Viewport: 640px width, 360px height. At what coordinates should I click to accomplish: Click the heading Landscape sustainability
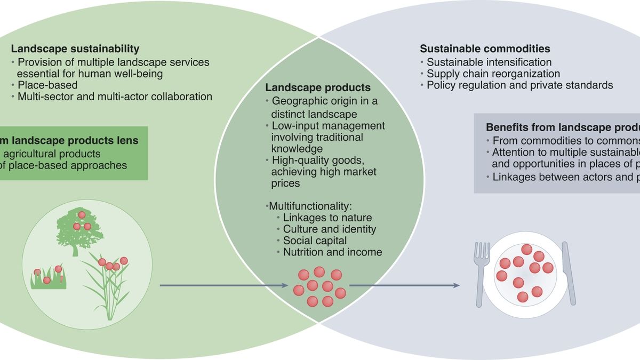pyautogui.click(x=75, y=49)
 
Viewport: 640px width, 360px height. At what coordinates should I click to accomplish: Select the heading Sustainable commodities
pyautogui.click(x=485, y=49)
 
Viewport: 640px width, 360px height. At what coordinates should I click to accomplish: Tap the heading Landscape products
pyautogui.click(x=318, y=87)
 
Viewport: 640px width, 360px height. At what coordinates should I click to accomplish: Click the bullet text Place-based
pyautogui.click(x=47, y=85)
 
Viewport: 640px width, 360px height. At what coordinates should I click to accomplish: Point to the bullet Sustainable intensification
pyautogui.click(x=489, y=62)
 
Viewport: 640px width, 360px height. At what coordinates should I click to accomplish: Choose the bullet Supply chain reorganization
pyautogui.click(x=493, y=74)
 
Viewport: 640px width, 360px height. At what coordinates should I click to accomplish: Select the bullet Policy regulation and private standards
pyautogui.click(x=519, y=85)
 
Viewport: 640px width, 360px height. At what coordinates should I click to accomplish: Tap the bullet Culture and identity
pyautogui.click(x=329, y=229)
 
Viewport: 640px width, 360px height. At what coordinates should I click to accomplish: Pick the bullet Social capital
pyautogui.click(x=315, y=241)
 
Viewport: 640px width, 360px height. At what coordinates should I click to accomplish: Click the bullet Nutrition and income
pyautogui.click(x=332, y=252)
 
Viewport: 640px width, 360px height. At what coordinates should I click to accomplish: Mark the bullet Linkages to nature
pyautogui.click(x=327, y=218)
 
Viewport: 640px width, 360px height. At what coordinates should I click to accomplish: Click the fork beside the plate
pyautogui.click(x=482, y=272)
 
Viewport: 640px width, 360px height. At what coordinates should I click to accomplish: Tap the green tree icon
pyautogui.click(x=78, y=227)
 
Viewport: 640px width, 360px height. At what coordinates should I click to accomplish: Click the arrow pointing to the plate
pyautogui.click(x=404, y=286)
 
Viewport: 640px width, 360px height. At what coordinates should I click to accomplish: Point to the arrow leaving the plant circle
pyautogui.click(x=224, y=286)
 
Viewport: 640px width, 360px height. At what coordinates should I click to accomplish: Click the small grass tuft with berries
pyautogui.click(x=48, y=278)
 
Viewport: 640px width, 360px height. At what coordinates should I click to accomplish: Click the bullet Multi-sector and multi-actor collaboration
pyautogui.click(x=115, y=97)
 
